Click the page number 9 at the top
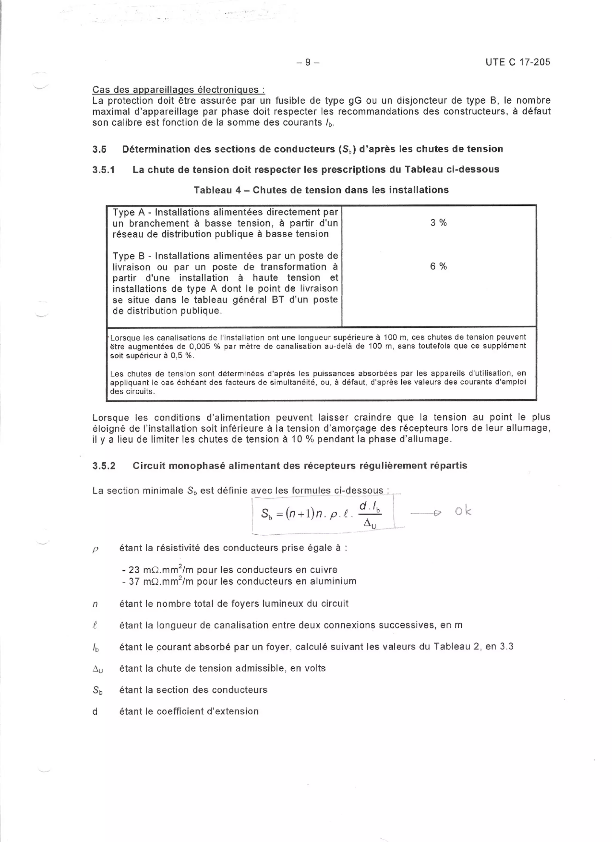308,62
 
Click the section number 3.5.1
104,170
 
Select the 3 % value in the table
438,223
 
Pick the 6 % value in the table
438,266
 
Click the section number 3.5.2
104,466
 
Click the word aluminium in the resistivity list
334,581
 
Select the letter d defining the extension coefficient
95,712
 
